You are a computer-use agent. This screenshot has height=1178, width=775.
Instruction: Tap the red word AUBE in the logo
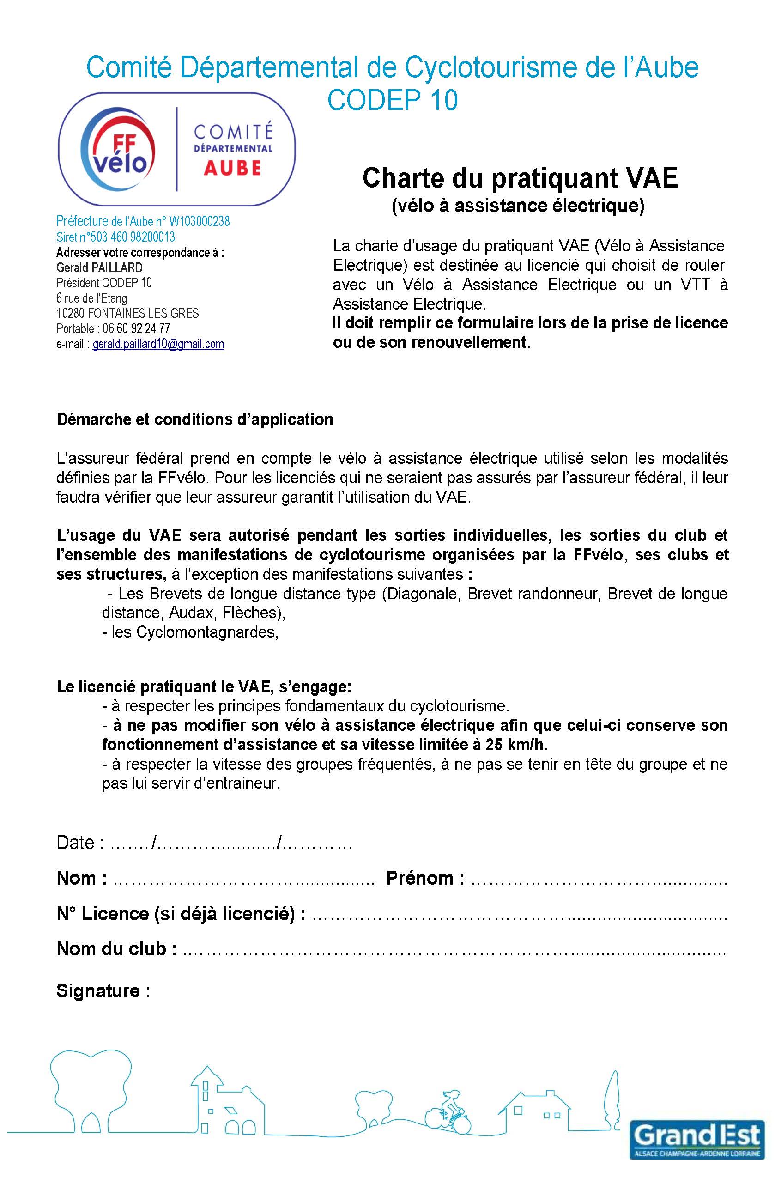click(x=232, y=168)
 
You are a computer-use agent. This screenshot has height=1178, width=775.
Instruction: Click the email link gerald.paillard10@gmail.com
click(x=158, y=344)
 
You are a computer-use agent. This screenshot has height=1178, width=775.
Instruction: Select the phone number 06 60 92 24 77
click(x=136, y=328)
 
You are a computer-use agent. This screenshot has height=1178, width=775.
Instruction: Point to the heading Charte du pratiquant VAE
click(x=520, y=178)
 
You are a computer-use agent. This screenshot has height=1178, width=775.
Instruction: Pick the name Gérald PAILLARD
click(x=99, y=268)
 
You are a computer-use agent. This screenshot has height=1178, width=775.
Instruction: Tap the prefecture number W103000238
click(x=200, y=221)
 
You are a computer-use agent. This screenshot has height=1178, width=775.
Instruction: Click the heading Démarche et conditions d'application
click(x=195, y=419)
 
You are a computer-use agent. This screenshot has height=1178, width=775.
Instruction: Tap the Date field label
click(x=75, y=843)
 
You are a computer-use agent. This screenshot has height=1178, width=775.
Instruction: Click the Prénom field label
click(x=424, y=878)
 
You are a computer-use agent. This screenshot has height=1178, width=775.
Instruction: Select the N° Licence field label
click(x=181, y=914)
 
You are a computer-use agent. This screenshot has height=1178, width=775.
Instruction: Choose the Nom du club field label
click(x=116, y=949)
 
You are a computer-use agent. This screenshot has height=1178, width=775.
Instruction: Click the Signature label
click(x=103, y=990)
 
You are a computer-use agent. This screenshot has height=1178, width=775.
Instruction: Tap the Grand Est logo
click(x=697, y=1137)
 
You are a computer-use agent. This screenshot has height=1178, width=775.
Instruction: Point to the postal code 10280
click(x=70, y=313)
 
